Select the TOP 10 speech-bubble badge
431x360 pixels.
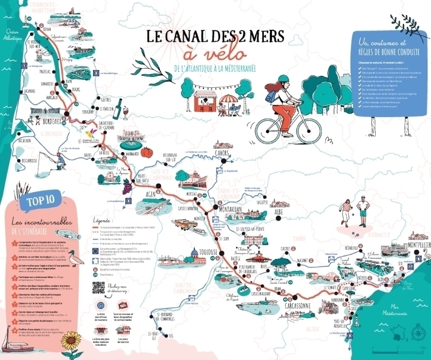(x=32, y=202)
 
